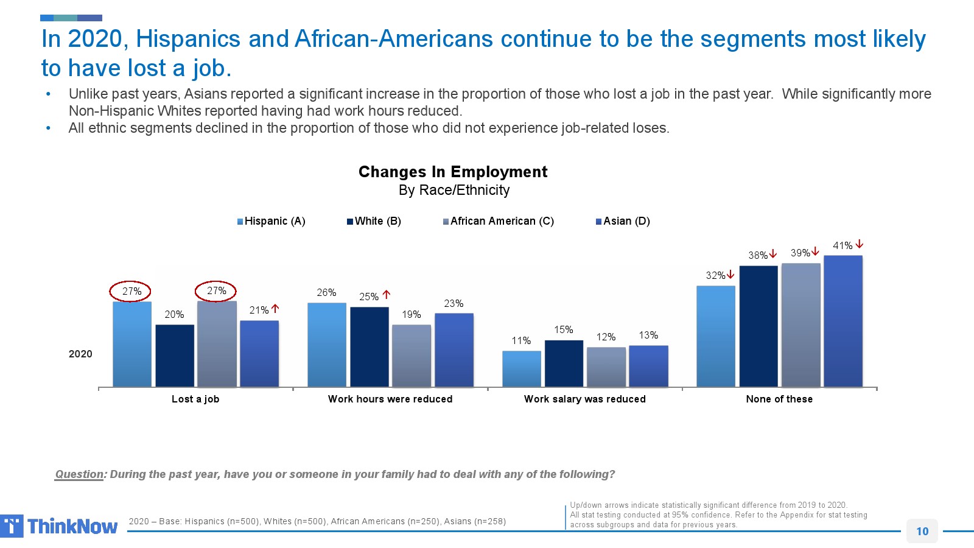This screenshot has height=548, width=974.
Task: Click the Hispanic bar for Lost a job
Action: [x=132, y=344]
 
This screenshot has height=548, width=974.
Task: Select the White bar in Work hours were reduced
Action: [x=370, y=346]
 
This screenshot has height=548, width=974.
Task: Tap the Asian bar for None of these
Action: [x=843, y=321]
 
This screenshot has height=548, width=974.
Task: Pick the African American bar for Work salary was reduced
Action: [x=606, y=367]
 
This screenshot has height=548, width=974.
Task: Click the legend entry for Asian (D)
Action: [x=623, y=221]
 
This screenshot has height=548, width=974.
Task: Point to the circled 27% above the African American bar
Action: [x=216, y=291]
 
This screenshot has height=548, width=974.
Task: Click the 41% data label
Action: [x=843, y=246]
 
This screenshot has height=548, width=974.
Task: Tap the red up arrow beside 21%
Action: [x=275, y=309]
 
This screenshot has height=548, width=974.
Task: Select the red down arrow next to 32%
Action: [x=730, y=275]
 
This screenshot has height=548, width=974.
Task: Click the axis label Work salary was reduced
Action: [x=584, y=399]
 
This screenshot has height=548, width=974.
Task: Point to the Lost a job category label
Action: [x=195, y=399]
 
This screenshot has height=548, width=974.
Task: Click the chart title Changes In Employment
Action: [x=453, y=172]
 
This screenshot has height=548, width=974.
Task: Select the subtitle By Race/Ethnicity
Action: [x=454, y=190]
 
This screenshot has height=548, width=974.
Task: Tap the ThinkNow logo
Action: [x=59, y=526]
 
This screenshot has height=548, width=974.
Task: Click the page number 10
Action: [x=922, y=531]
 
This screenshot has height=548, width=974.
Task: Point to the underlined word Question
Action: [x=79, y=474]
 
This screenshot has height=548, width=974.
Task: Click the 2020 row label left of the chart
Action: [x=80, y=354]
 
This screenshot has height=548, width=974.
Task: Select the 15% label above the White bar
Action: [x=563, y=329]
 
